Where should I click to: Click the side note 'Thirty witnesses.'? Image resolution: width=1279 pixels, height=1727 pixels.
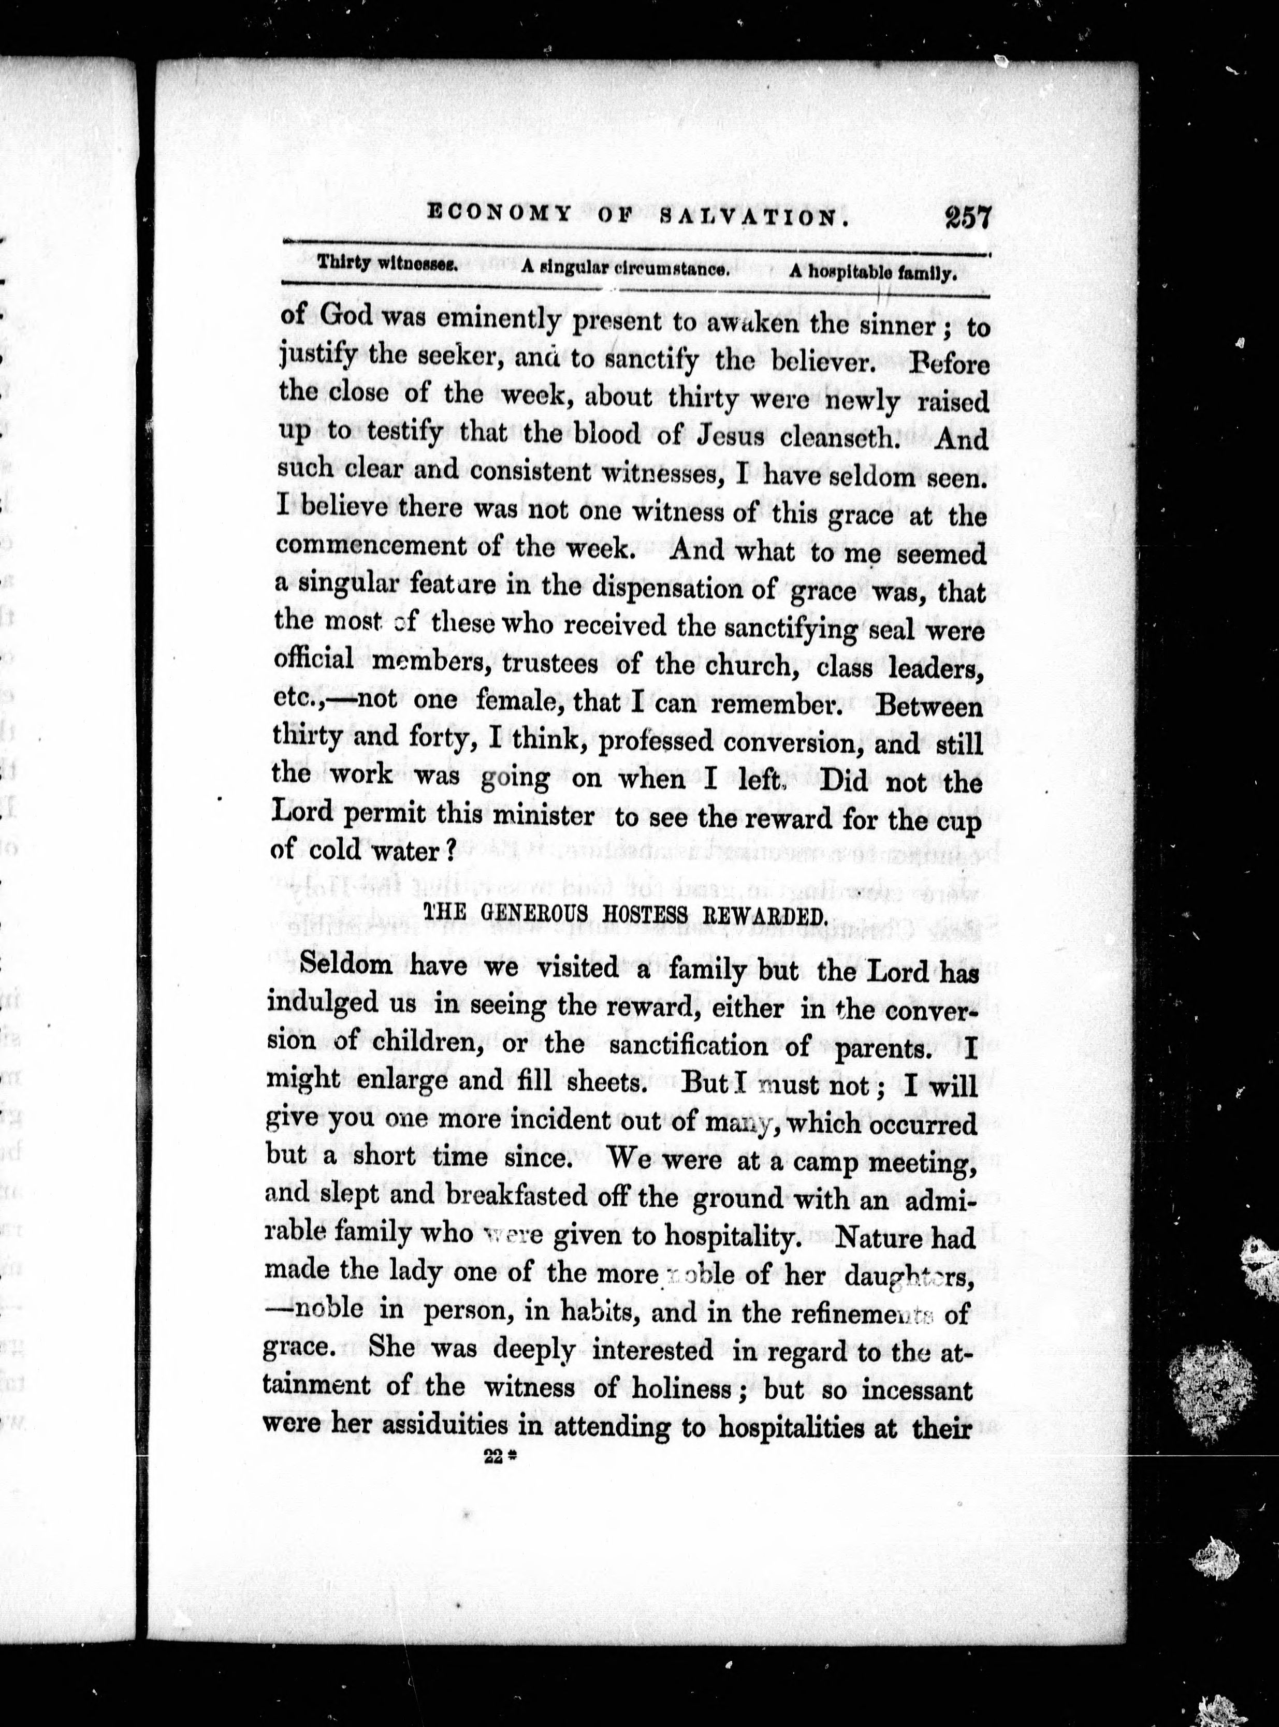coord(388,262)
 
